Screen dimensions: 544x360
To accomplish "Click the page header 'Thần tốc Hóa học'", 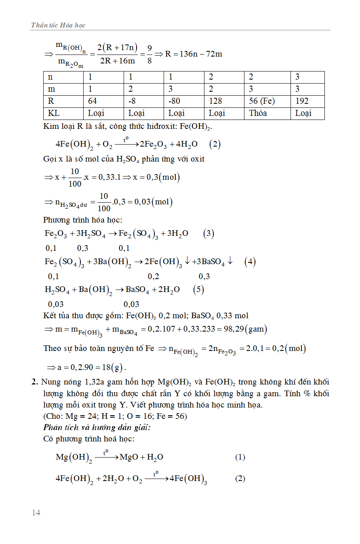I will click(x=58, y=25).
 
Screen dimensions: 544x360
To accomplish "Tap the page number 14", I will click(x=36, y=512).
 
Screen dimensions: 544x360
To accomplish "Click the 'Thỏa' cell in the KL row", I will click(x=258, y=113).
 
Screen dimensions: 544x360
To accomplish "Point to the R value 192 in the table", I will click(x=302, y=101).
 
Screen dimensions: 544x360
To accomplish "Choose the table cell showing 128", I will click(x=215, y=101).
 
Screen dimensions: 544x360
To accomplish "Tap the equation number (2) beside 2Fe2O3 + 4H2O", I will click(x=215, y=144).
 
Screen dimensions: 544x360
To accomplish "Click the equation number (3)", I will click(x=208, y=233).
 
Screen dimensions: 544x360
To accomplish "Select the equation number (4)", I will click(x=250, y=262).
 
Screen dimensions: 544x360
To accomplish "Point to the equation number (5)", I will click(x=198, y=290).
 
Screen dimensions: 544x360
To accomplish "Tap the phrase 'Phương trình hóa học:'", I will click(x=82, y=220).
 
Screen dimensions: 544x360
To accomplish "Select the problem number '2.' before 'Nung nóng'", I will click(x=35, y=382).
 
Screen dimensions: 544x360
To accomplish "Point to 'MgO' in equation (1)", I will click(x=129, y=457).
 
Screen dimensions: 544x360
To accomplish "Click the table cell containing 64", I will click(x=93, y=101).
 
